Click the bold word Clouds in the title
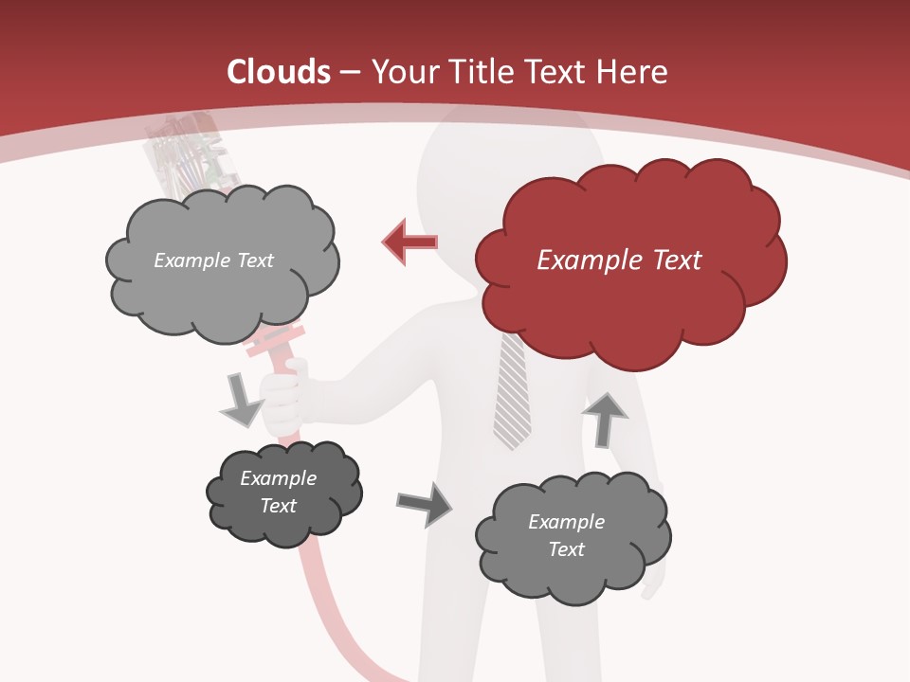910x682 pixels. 278,72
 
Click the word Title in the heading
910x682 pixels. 481,72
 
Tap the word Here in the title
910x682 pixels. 631,72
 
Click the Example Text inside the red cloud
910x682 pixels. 619,260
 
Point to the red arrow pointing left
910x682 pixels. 410,242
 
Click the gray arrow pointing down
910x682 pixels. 241,399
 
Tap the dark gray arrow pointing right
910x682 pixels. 424,504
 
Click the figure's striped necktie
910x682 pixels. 512,398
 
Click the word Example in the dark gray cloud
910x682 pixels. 278,478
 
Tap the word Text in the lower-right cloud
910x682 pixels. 566,549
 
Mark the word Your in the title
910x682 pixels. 404,72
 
